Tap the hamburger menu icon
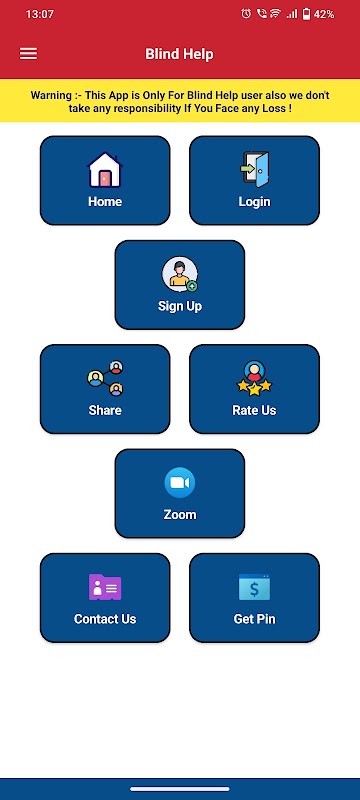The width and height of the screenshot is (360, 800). tap(29, 54)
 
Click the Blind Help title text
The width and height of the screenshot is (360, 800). tap(179, 54)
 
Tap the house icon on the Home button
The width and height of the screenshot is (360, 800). tap(105, 170)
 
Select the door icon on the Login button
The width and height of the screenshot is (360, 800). tap(254, 170)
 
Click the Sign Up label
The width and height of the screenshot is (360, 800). tap(180, 306)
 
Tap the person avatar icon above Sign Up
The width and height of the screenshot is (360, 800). tap(180, 274)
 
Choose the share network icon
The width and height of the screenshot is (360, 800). tap(105, 379)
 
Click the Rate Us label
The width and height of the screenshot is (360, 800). tap(254, 410)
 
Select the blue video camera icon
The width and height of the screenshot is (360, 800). tap(180, 483)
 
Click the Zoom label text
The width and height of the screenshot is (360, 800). tap(180, 514)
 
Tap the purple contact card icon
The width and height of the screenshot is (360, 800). tap(105, 587)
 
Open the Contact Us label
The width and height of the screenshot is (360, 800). tap(105, 619)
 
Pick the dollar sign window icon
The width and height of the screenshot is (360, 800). tap(254, 587)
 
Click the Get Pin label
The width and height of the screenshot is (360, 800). tap(254, 619)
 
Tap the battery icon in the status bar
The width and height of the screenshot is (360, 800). tap(306, 14)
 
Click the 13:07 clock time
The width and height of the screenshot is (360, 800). tap(39, 14)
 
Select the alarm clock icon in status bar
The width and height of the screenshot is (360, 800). tap(246, 14)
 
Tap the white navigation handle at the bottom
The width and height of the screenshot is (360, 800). tap(179, 789)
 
